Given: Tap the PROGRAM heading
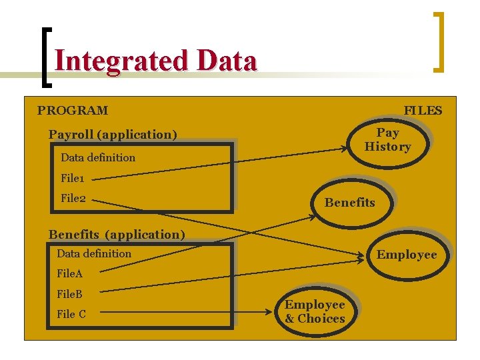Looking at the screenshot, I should coord(73,111).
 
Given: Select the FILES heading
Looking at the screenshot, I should coord(423,111).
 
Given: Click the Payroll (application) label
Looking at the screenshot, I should coord(113,135).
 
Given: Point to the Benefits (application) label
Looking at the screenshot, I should coord(117,234).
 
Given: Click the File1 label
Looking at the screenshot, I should coord(73,178).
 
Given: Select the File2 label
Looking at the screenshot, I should coord(73,198).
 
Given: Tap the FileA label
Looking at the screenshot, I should coord(70,273).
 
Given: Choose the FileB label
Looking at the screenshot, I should coord(70,293).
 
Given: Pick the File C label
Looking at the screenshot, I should coord(71,314).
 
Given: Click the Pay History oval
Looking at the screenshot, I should coord(387,140).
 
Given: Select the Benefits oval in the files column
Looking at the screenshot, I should coord(350,203).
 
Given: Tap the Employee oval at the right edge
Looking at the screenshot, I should coord(407,255).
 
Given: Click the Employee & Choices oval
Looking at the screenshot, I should coord(315,311).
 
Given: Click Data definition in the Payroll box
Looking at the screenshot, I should coord(98,158).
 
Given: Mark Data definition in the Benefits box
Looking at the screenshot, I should coord(94,253).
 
